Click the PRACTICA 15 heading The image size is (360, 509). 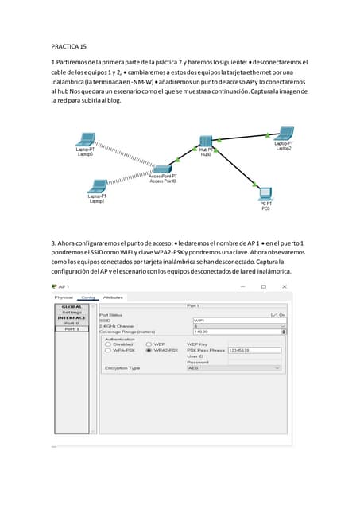click(69, 47)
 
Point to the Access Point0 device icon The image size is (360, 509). click(163, 169)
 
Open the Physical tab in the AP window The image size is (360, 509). click(64, 297)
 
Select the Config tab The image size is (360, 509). click(87, 297)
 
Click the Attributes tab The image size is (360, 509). click(113, 297)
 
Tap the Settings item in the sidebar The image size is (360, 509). click(72, 313)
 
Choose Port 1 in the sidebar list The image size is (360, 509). click(72, 328)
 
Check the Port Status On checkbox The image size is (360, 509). click(274, 314)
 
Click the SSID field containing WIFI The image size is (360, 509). click(236, 321)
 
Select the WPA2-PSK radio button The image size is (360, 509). click(149, 349)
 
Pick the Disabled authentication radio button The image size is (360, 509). click(109, 344)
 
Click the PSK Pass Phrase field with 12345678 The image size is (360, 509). click(254, 349)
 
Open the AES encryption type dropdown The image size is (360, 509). click(234, 368)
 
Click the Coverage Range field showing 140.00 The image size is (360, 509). click(236, 332)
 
